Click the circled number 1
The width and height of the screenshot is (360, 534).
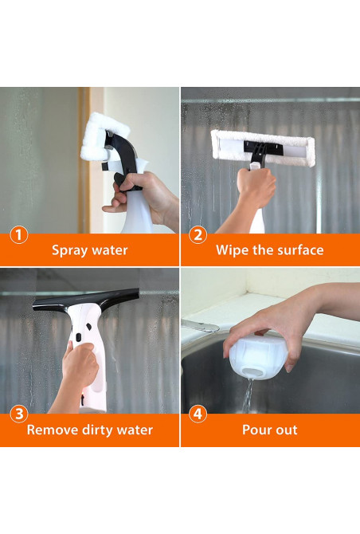(x=19, y=235)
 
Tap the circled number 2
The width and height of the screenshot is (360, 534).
(x=198, y=235)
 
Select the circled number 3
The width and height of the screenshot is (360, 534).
(x=19, y=414)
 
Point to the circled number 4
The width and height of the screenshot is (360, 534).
(x=198, y=414)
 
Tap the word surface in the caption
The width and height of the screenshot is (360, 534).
(x=300, y=250)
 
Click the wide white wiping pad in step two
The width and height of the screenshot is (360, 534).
(x=262, y=148)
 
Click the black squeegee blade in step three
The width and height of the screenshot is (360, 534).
(x=85, y=300)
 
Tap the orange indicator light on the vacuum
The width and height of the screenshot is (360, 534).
(x=82, y=396)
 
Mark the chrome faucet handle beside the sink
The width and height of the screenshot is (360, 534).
(x=200, y=325)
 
